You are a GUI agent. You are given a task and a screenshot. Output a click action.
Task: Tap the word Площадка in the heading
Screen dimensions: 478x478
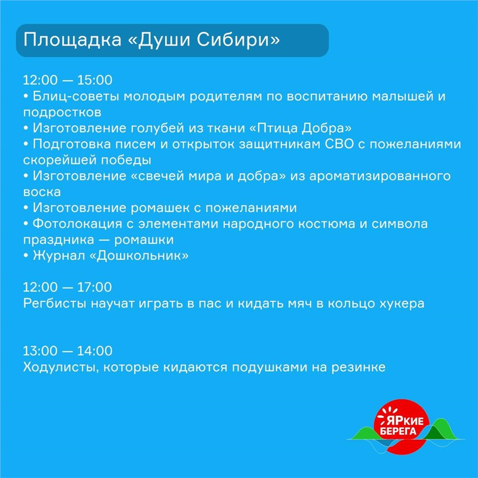pyautogui.click(x=72, y=40)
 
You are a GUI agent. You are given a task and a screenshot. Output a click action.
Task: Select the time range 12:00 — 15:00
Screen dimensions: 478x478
pyautogui.click(x=67, y=80)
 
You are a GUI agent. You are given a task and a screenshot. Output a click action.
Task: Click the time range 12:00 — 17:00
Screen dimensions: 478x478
pyautogui.click(x=67, y=287)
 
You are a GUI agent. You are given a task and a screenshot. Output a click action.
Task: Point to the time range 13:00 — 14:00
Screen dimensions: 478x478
pyautogui.click(x=67, y=351)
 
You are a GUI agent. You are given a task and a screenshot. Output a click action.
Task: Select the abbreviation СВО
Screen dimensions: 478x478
pyautogui.click(x=339, y=144)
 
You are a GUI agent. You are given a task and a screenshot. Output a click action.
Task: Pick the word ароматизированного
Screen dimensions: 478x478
pyautogui.click(x=380, y=176)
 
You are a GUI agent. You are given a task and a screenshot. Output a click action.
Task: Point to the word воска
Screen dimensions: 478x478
pyautogui.click(x=42, y=192)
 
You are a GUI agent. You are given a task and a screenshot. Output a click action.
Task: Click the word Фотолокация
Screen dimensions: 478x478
pyautogui.click(x=77, y=224)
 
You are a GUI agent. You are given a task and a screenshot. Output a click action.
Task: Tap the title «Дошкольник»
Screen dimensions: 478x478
pyautogui.click(x=139, y=255)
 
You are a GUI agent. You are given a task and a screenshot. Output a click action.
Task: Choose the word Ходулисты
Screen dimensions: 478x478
pyautogui.click(x=61, y=367)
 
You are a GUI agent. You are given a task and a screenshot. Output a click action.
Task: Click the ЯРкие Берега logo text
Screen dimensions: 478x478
pyautogui.click(x=399, y=426)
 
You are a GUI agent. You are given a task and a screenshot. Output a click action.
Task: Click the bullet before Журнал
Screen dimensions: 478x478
pyautogui.click(x=26, y=255)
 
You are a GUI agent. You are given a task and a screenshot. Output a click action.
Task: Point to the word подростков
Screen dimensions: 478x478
pyautogui.click(x=62, y=113)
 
